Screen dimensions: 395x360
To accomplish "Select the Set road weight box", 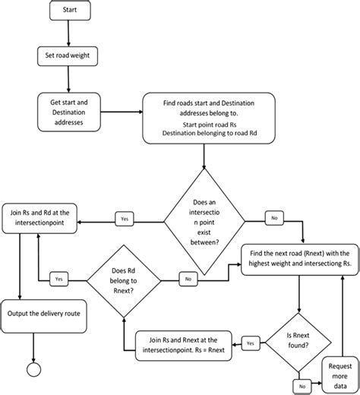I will [68, 56].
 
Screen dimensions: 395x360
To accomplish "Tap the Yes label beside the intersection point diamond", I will [125, 220].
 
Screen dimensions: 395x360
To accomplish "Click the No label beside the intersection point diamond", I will [273, 219].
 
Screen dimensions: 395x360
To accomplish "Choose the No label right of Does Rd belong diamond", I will [188, 279].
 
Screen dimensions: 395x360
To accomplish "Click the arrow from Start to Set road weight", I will [68, 34].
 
